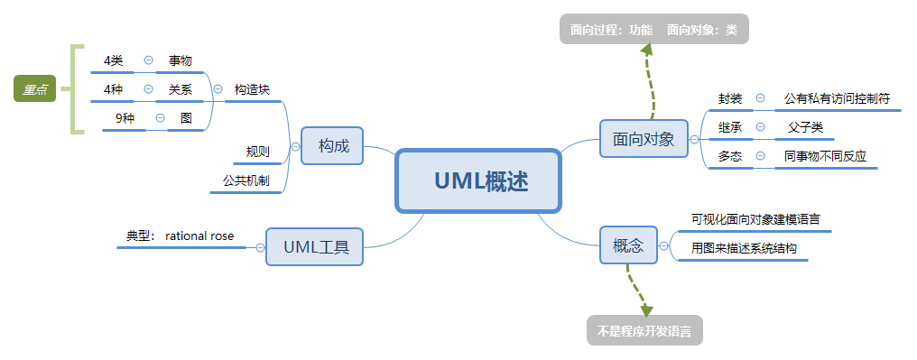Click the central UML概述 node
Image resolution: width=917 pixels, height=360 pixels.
[478, 181]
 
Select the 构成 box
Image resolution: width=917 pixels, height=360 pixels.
[333, 145]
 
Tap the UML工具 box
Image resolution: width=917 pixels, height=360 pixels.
[315, 246]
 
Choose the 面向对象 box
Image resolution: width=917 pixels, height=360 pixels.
[644, 139]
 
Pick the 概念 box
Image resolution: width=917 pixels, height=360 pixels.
[628, 245]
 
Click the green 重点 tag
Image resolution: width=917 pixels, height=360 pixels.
[36, 88]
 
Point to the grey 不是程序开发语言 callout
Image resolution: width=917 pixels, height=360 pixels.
[644, 331]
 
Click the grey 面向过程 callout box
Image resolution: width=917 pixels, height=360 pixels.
[653, 30]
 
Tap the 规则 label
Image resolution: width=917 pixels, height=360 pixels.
[257, 151]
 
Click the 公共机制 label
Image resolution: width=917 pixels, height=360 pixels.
[245, 180]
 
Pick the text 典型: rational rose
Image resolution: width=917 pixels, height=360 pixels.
[181, 236]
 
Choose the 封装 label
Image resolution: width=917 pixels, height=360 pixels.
[730, 97]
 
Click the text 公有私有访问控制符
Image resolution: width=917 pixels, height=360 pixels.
[837, 97]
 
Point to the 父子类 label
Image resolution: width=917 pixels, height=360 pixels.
[805, 127]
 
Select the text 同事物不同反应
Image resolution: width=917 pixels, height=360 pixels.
[825, 156]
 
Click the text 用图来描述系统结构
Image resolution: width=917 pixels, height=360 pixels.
[744, 248]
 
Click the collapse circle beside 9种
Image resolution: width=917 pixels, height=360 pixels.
[160, 117]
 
